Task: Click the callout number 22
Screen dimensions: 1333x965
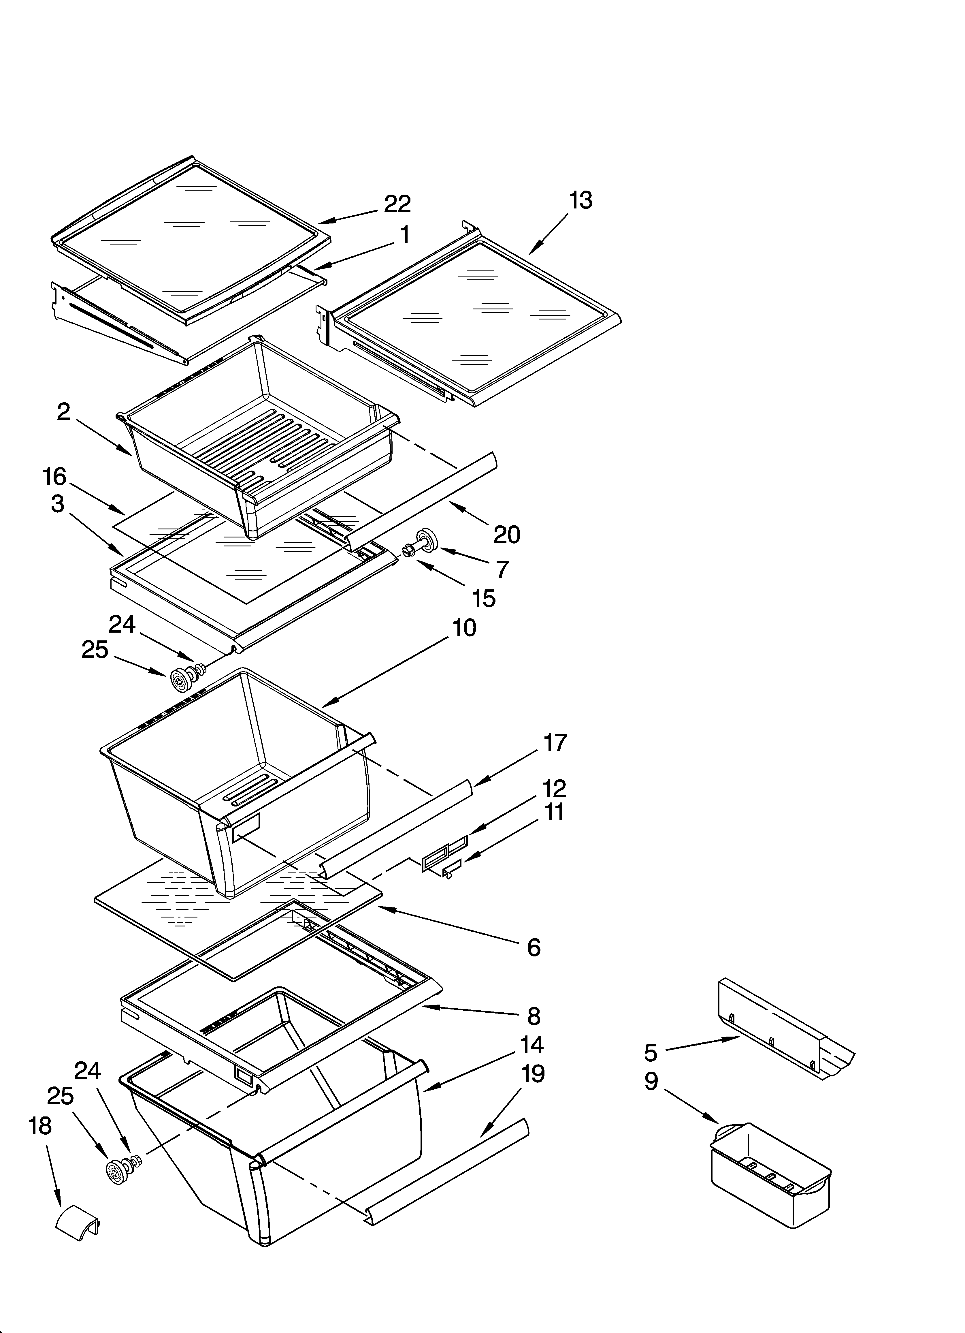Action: click(397, 204)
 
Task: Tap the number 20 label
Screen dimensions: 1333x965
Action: click(507, 534)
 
